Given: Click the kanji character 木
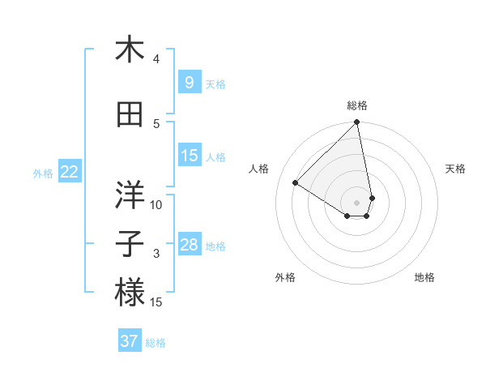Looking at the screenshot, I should [x=130, y=50].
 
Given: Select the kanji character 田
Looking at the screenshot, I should [x=130, y=115].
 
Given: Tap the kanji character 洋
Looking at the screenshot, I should [x=130, y=194].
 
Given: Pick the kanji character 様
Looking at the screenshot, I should [x=130, y=293].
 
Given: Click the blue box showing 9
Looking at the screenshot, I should [x=189, y=83].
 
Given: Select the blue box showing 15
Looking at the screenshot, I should [x=190, y=156].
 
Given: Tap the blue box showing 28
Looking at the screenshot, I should [x=190, y=245].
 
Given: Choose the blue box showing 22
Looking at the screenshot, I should [x=70, y=172].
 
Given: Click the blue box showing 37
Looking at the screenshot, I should [x=130, y=341].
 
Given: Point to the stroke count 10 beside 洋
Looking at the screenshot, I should [x=156, y=204].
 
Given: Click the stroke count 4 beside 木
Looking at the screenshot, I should [x=156, y=59].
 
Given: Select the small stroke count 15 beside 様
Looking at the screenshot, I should [x=156, y=302].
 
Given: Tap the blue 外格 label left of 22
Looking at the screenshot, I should [x=43, y=173].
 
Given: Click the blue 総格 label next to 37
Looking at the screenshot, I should [x=156, y=343].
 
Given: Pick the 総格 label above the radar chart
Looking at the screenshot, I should [x=356, y=105].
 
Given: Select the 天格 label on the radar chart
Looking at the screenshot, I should [x=456, y=169].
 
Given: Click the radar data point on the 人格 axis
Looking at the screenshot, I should [x=296, y=183].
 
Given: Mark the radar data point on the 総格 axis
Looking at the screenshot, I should [x=356, y=123].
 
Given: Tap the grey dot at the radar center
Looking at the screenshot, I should [x=356, y=202].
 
